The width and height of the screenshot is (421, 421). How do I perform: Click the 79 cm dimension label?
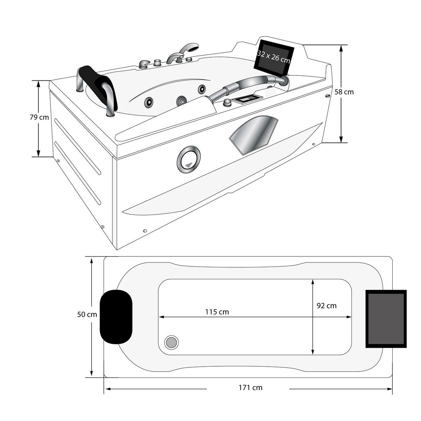[x=39, y=118]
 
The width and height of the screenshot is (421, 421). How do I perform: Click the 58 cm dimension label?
[x=344, y=92]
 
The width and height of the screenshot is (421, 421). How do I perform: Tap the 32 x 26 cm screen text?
[x=274, y=56]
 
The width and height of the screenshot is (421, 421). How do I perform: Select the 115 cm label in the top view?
[x=217, y=312]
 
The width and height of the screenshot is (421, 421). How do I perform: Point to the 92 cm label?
[x=326, y=306]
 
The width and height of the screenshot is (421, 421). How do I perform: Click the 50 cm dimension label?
[x=87, y=315]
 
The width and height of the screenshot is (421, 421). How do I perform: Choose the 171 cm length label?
[x=250, y=388]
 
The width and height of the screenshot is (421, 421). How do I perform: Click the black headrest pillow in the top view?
[x=116, y=316]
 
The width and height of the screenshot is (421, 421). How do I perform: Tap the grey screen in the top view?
[x=386, y=319]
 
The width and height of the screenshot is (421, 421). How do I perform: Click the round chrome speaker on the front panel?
[x=189, y=159]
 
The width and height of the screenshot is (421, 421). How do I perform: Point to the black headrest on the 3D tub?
[x=100, y=81]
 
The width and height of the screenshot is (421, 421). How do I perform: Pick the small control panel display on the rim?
[x=248, y=99]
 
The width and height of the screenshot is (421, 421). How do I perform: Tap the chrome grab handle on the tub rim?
[x=246, y=84]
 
